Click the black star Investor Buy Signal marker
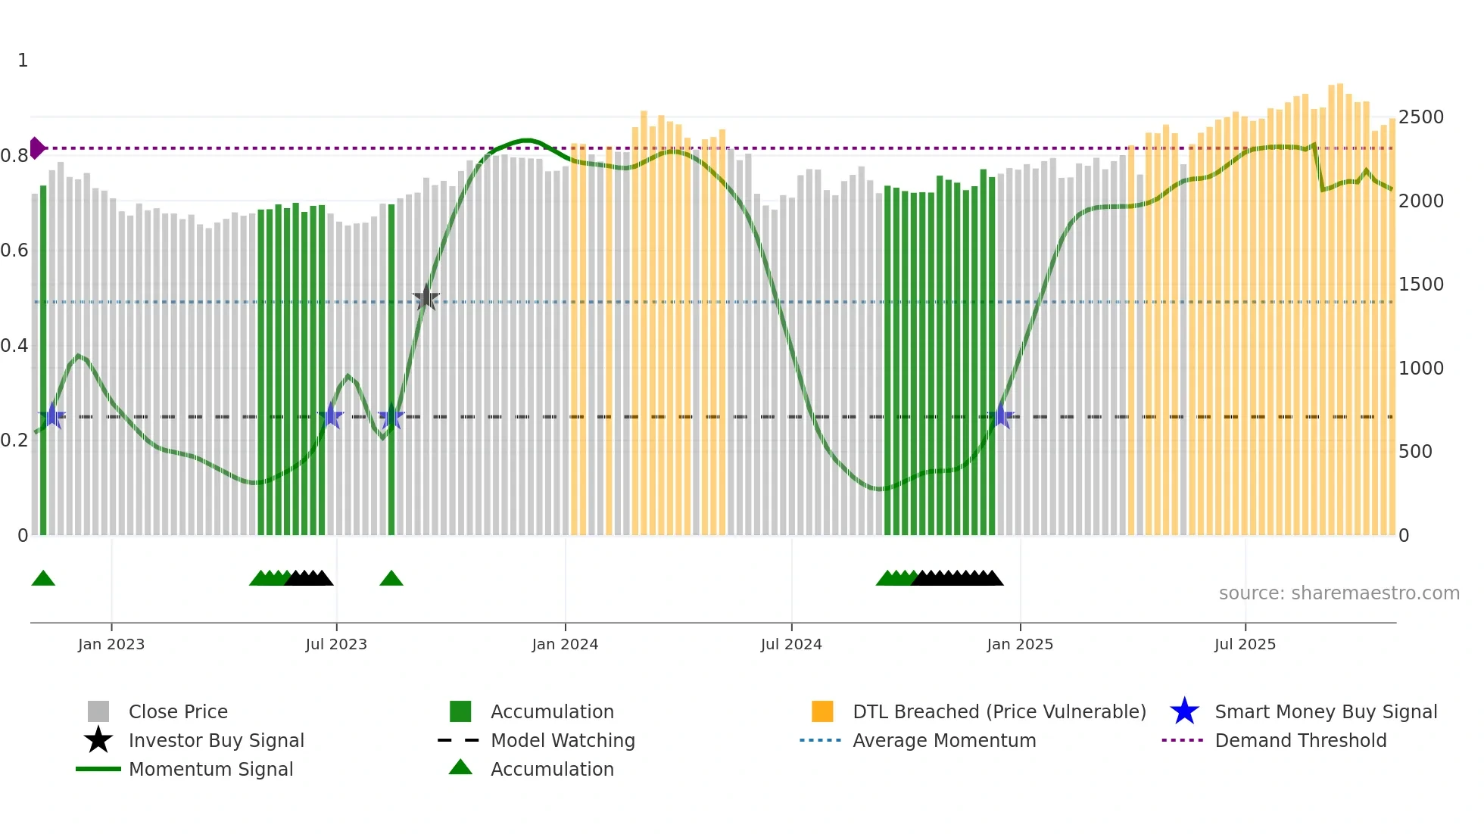(426, 298)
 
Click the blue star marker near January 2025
(1002, 415)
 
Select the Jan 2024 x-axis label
(565, 645)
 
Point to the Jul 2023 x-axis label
(336, 645)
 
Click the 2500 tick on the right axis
(1421, 117)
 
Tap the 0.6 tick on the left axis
(14, 251)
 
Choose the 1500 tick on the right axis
(1421, 285)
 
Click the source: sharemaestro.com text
(1339, 593)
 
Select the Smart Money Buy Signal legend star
(1184, 711)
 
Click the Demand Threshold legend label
(1300, 741)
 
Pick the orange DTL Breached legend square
(822, 711)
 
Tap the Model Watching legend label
(563, 741)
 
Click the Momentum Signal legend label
(210, 770)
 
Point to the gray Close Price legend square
(98, 711)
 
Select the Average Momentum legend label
(944, 741)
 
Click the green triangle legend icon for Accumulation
(460, 768)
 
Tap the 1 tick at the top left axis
(23, 61)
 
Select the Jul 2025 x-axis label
(1245, 645)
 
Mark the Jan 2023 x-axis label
(111, 645)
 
